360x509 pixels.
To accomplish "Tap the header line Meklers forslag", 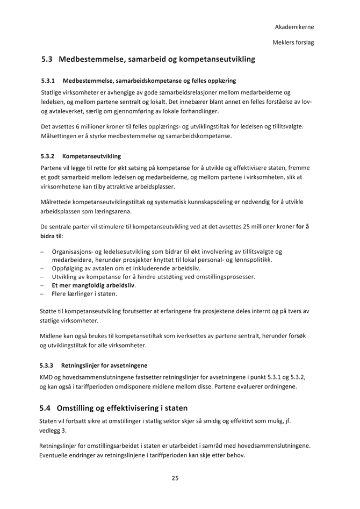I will point(293,42).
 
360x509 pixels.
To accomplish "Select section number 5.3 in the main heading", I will point(47,59).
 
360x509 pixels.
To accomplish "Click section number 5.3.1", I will point(48,81).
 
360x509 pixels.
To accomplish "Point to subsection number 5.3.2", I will point(48,156).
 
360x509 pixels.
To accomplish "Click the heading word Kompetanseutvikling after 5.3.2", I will point(92,156).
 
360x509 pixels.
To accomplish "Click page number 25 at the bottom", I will point(175,478).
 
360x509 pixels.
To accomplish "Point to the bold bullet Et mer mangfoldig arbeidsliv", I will point(93,285).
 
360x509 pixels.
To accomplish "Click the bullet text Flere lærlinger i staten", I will point(84,294).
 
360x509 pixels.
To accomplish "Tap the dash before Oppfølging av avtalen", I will point(42,268).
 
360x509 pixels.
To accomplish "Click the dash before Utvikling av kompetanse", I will point(42,277).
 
